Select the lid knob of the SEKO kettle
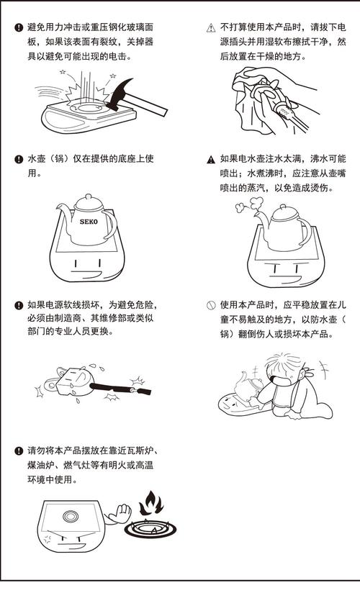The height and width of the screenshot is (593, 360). click(x=88, y=196)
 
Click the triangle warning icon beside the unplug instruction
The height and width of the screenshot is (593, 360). click(x=210, y=27)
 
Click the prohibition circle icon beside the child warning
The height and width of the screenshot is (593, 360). click(x=210, y=305)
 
